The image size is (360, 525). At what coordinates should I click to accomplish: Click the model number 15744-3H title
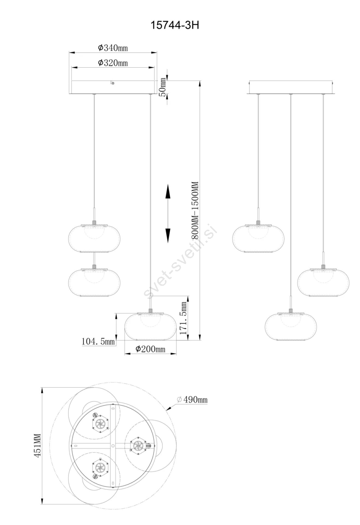pos(174,25)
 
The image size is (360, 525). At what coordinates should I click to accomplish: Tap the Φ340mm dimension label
pos(113,48)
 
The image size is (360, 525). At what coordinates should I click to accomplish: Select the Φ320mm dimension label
pos(113,63)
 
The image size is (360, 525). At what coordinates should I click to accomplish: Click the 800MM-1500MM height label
pos(195,210)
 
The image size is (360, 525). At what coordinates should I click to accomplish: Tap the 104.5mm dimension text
pos(98,341)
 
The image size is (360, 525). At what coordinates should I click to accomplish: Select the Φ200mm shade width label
pos(150,349)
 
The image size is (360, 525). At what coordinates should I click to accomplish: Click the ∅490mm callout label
pos(192,399)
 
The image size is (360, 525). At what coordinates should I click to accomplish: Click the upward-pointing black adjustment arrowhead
pos(168,191)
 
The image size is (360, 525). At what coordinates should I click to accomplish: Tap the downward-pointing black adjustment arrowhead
pos(168,236)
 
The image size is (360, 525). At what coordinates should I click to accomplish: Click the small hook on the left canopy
pos(113,83)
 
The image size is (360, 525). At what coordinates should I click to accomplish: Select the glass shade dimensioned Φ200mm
pos(150,326)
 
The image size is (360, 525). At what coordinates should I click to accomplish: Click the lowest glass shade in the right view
pos(291,326)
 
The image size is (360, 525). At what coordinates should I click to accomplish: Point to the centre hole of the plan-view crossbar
pos(113,445)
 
